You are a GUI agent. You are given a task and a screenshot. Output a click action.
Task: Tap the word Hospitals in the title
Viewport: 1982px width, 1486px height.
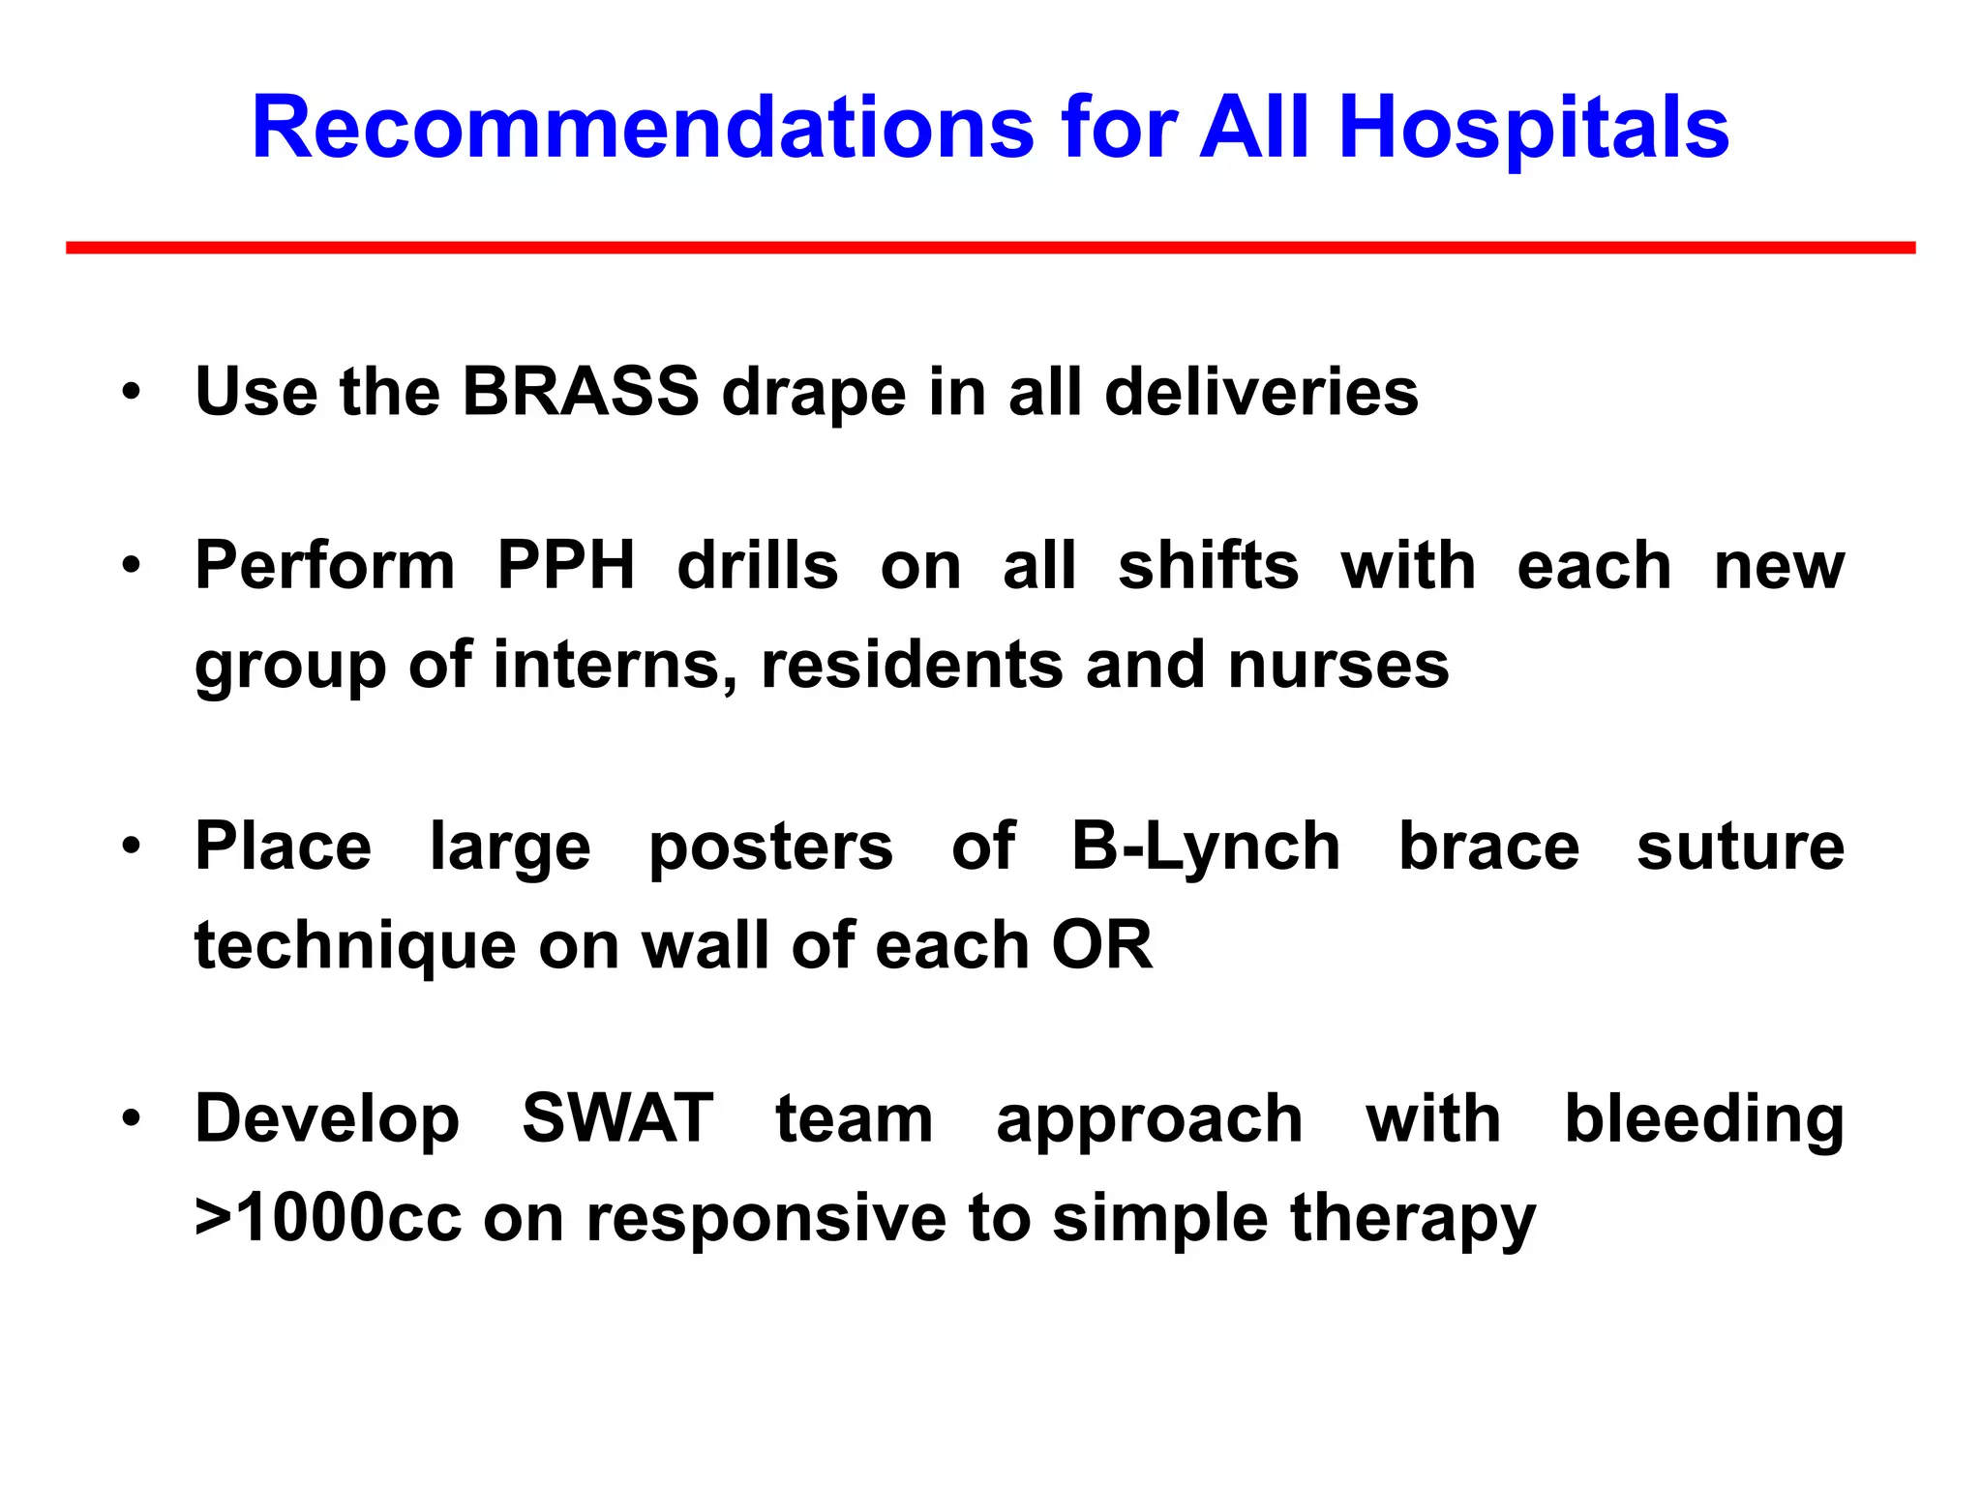click(1533, 129)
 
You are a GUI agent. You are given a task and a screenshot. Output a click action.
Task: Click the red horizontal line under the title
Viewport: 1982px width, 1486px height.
click(990, 249)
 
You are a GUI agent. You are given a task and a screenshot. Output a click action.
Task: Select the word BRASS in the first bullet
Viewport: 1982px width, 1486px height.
click(580, 392)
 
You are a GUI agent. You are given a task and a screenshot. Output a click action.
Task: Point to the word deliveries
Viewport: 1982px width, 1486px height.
click(1261, 392)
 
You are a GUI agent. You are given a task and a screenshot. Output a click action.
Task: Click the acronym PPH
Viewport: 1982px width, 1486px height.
click(566, 565)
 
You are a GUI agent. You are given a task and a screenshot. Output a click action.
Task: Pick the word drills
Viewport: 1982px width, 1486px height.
click(757, 565)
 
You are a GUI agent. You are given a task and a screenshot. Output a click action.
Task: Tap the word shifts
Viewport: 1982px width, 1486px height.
click(1208, 565)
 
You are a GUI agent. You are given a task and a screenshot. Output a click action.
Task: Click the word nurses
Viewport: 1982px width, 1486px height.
click(1338, 666)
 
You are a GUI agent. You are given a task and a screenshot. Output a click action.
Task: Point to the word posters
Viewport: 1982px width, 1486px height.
click(770, 847)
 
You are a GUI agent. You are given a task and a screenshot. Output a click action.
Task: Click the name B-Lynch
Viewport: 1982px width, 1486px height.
click(1206, 847)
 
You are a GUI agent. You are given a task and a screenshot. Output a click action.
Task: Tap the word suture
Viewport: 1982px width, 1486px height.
click(1740, 847)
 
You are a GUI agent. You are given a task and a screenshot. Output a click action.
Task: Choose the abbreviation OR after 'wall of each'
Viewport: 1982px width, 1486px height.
click(1102, 945)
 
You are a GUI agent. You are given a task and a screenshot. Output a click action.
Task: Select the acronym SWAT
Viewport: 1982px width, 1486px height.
click(617, 1119)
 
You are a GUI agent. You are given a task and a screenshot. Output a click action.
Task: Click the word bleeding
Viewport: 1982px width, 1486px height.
click(1704, 1119)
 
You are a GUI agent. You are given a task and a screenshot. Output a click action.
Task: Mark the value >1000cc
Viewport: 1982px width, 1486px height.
click(328, 1219)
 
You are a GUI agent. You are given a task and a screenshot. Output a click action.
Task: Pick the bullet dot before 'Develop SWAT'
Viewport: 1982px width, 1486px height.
click(132, 1120)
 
